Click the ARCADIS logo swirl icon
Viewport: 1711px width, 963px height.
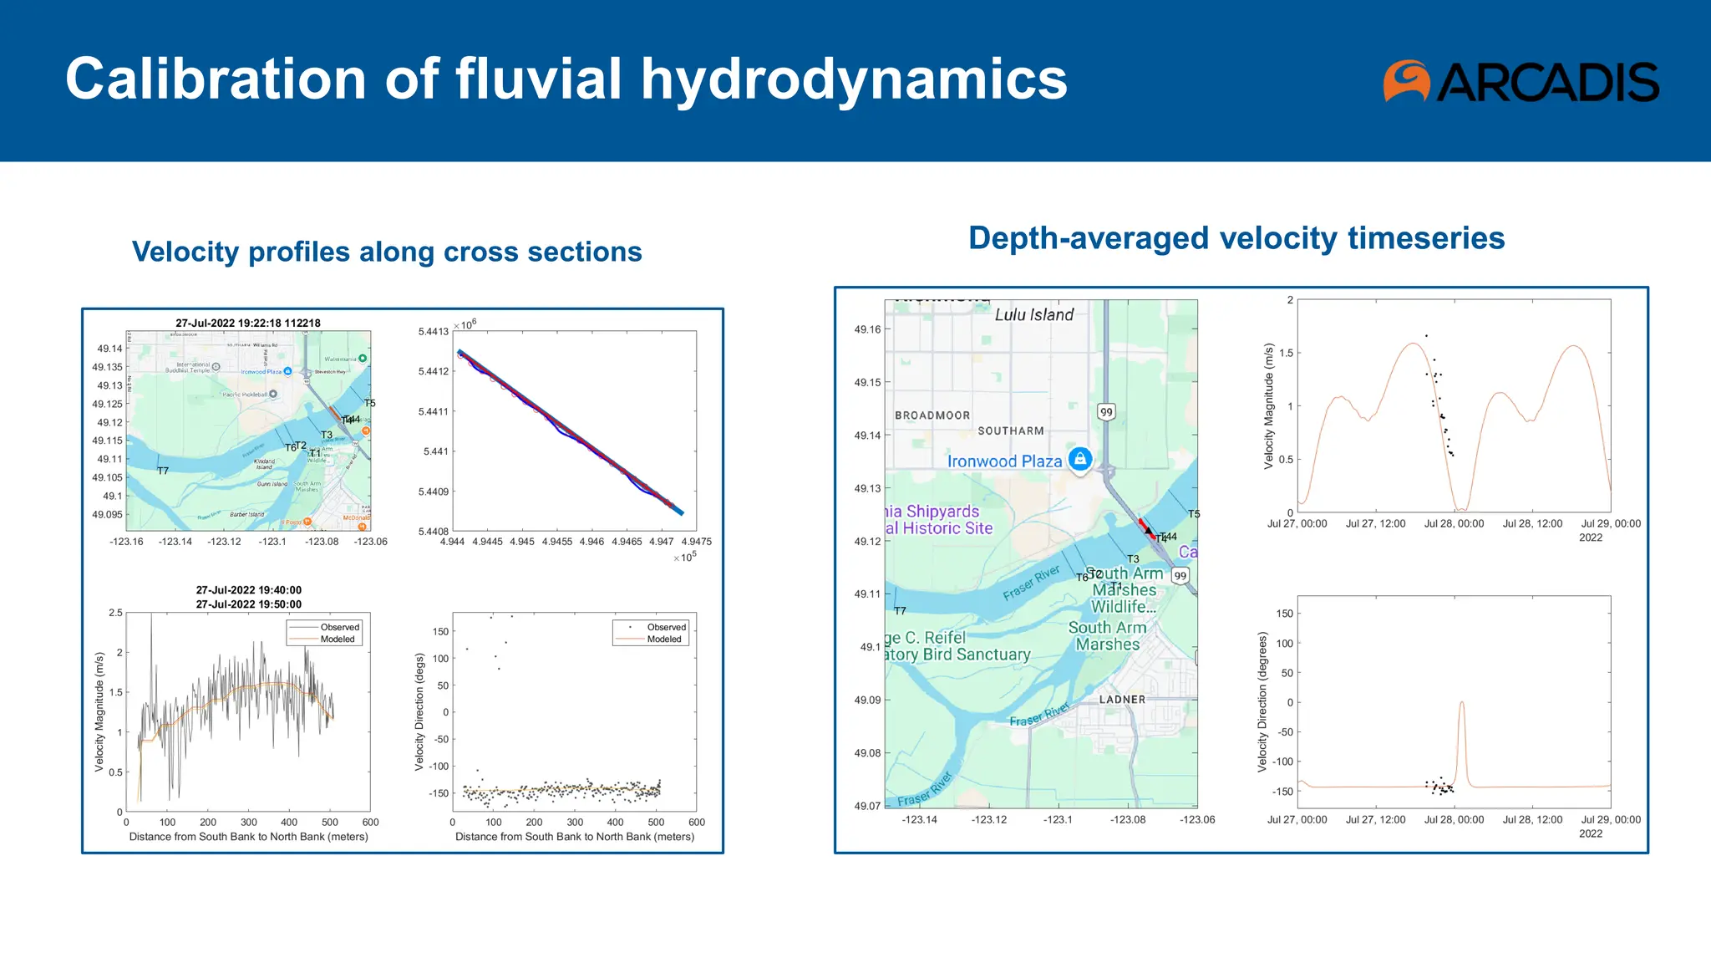(1407, 81)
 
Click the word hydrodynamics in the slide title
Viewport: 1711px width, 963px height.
(854, 79)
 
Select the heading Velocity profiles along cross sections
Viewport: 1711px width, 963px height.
(387, 252)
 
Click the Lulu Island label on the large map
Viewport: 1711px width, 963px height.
(1034, 315)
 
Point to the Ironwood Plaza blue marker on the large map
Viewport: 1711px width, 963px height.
(1080, 459)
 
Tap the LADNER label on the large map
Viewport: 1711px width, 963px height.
(1122, 700)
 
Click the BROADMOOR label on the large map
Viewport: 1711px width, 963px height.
(932, 415)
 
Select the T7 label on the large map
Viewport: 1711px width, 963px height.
(900, 611)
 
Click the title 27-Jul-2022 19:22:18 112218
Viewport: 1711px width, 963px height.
(248, 323)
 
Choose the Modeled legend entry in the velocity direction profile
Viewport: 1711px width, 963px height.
(664, 639)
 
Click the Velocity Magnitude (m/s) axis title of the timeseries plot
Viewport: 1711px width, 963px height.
(1269, 406)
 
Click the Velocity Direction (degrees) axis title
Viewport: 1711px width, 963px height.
(1262, 701)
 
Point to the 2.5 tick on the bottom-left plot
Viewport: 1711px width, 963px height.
(115, 613)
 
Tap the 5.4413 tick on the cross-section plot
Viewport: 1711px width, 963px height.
(433, 332)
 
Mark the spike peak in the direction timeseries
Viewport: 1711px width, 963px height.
(1461, 703)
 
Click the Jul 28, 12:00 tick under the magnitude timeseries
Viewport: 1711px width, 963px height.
(1532, 524)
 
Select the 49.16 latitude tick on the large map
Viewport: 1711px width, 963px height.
(867, 329)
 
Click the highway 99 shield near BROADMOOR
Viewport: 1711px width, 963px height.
(1106, 412)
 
